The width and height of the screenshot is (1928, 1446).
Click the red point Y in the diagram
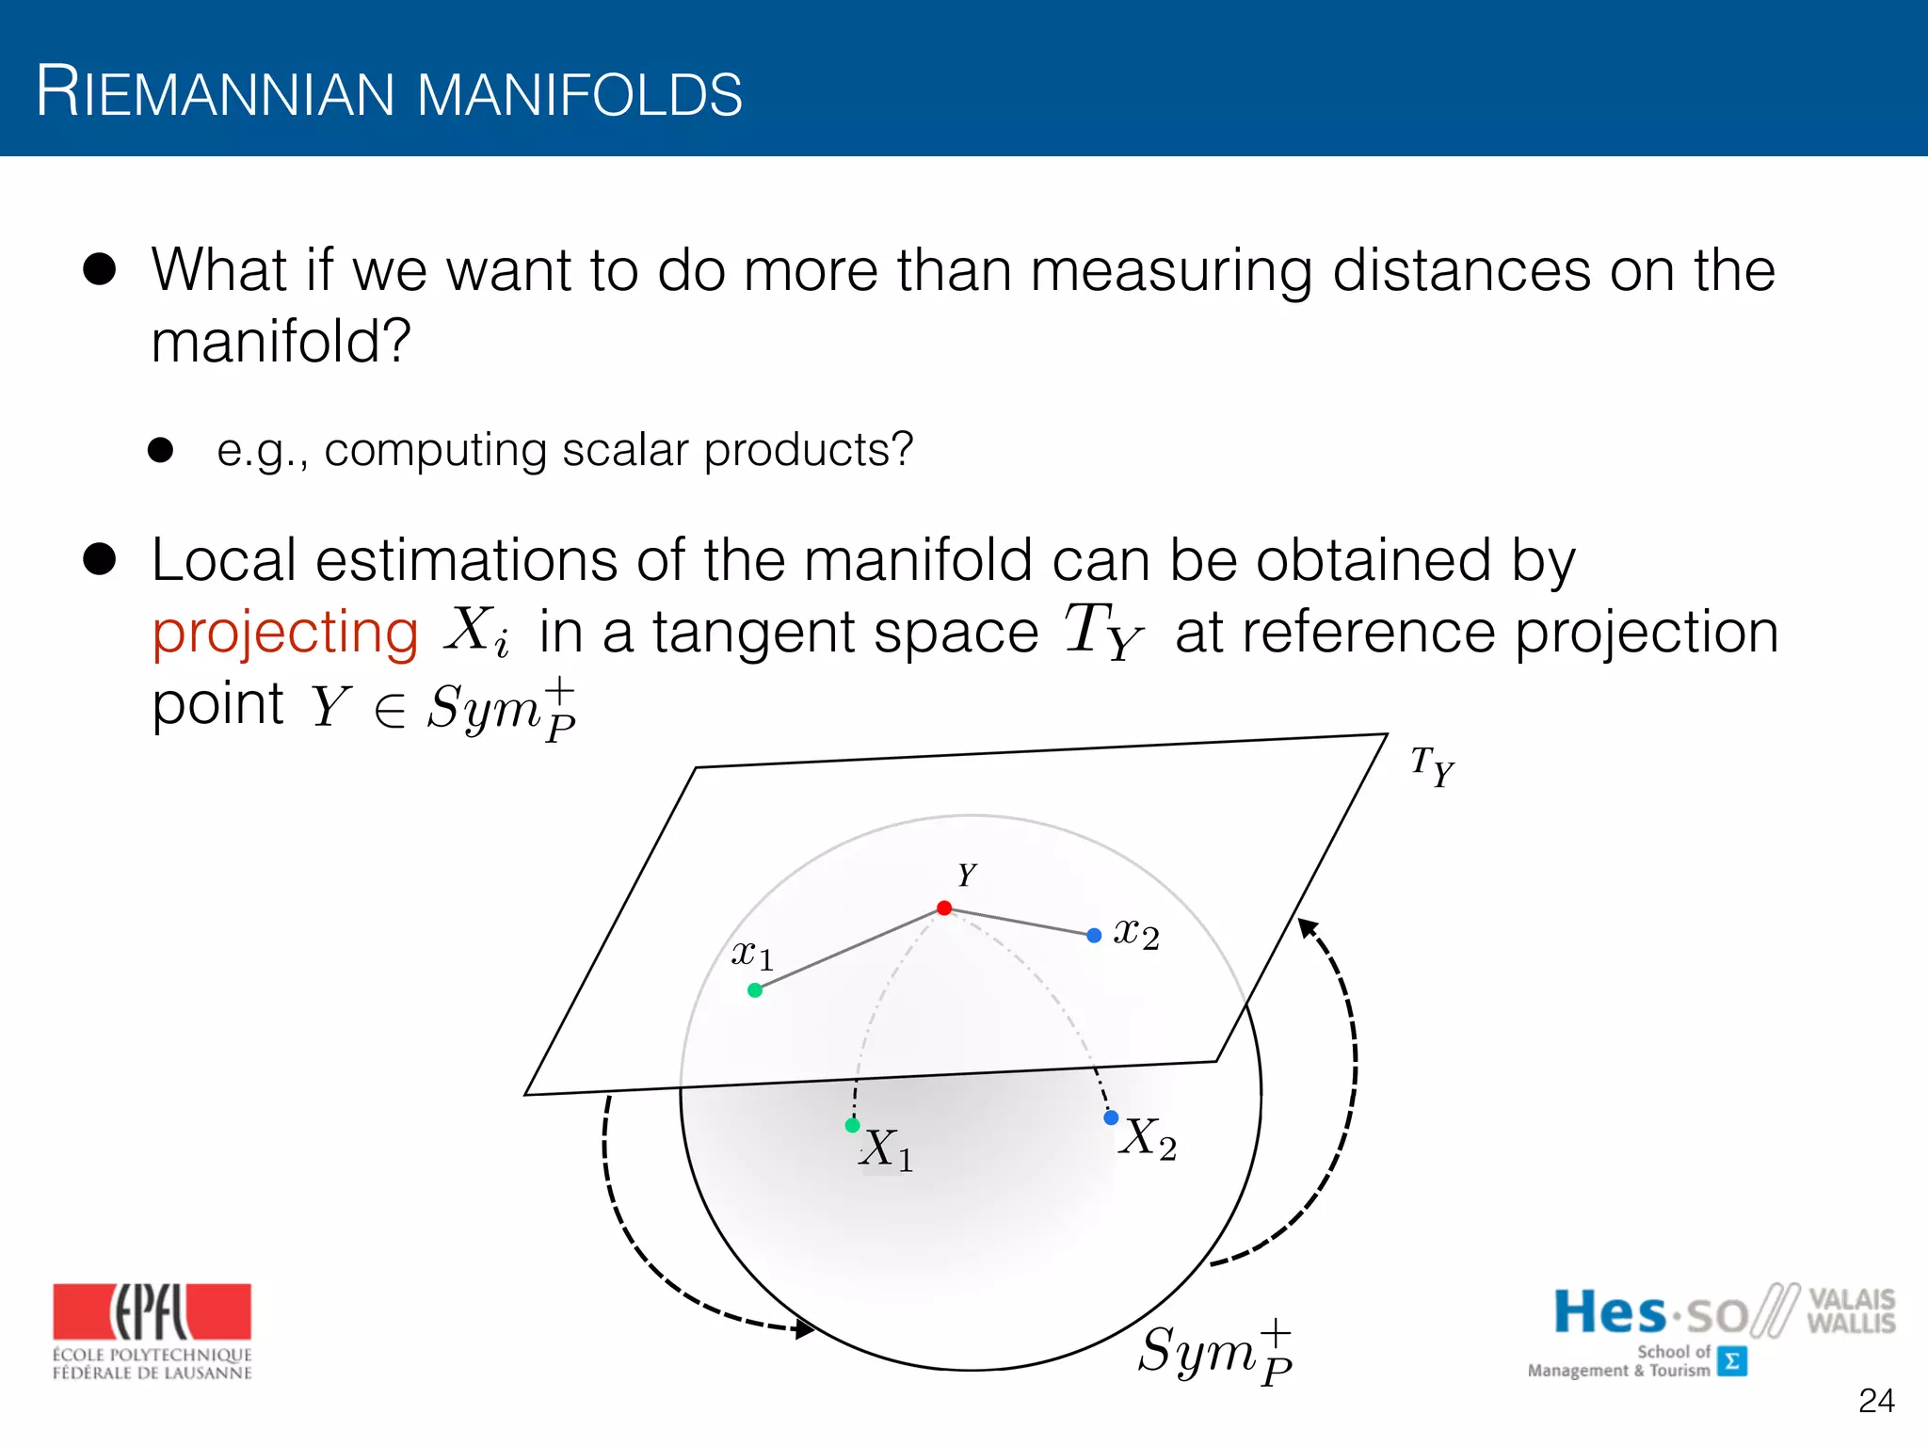[x=944, y=908]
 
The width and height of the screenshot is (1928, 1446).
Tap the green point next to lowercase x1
[x=755, y=990]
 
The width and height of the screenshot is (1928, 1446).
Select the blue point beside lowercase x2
[x=1094, y=936]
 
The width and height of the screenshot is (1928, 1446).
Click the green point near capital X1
[x=853, y=1126]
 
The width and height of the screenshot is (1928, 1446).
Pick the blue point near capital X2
[x=1111, y=1118]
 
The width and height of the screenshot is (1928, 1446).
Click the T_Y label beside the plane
[x=1432, y=766]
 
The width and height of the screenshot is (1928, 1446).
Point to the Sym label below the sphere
[x=1214, y=1352]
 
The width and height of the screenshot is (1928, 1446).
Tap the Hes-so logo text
[x=1649, y=1312]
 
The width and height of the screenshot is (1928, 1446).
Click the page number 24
[x=1876, y=1401]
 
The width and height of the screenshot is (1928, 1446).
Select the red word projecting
[x=285, y=632]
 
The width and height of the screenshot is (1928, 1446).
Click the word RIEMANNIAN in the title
[x=216, y=93]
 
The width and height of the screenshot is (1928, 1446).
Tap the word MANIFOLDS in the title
[x=579, y=95]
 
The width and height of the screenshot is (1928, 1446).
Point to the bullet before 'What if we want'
[x=99, y=269]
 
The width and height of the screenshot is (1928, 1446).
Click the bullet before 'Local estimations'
[x=99, y=558]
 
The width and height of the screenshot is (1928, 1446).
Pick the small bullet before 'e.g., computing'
[x=161, y=450]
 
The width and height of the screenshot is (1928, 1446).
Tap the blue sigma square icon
[x=1732, y=1361]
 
